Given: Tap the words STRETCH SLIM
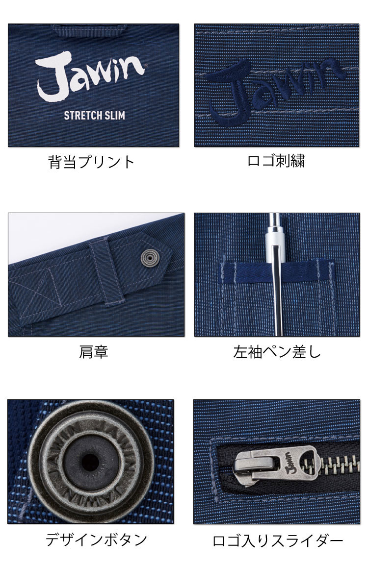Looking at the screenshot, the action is pos(95,116).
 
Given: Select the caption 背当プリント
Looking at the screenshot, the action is pos(91,162).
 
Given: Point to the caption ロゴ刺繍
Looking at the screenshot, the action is pos(276,161).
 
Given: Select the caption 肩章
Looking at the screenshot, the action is pos(94,352).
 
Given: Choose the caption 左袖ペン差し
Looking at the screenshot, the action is pos(277,352).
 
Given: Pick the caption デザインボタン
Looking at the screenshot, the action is pos(96,540).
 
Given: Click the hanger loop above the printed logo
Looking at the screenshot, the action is pos(89,29).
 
